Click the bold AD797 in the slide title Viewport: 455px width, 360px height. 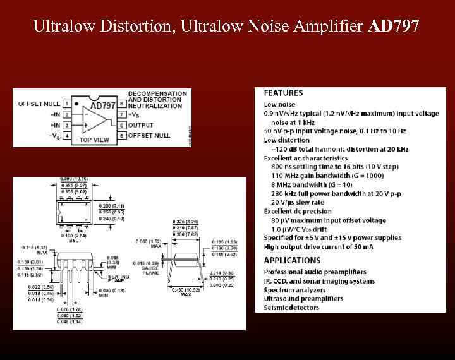tap(392, 27)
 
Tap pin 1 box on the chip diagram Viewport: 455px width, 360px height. tap(66, 104)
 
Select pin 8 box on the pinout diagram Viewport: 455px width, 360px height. tap(121, 104)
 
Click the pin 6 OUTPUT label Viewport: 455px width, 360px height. tap(140, 125)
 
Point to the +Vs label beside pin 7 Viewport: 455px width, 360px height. tap(135, 114)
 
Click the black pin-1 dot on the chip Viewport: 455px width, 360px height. tap(76, 103)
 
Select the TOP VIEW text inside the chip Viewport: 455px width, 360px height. tap(93, 140)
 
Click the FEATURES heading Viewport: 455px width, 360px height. tap(283, 93)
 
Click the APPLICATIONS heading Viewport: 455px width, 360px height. tap(292, 260)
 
